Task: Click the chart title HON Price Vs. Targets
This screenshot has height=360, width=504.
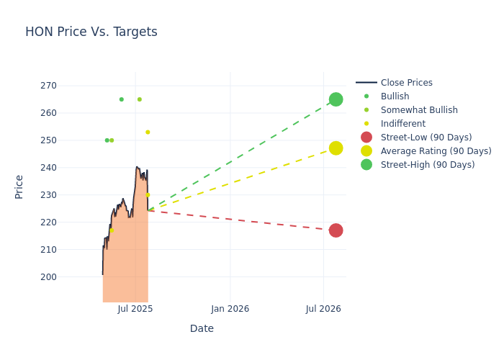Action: point(91,32)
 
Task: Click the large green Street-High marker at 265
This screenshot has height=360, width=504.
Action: point(336,99)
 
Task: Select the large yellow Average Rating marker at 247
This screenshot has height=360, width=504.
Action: point(336,148)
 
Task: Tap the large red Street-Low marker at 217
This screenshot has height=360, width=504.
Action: point(336,230)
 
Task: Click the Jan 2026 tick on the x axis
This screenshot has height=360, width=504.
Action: point(230,309)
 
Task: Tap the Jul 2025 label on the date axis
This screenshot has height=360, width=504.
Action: point(135,309)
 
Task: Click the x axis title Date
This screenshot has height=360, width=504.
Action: point(202,329)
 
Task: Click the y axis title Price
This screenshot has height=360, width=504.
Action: point(19,186)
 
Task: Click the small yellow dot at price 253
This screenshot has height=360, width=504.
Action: point(148,132)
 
